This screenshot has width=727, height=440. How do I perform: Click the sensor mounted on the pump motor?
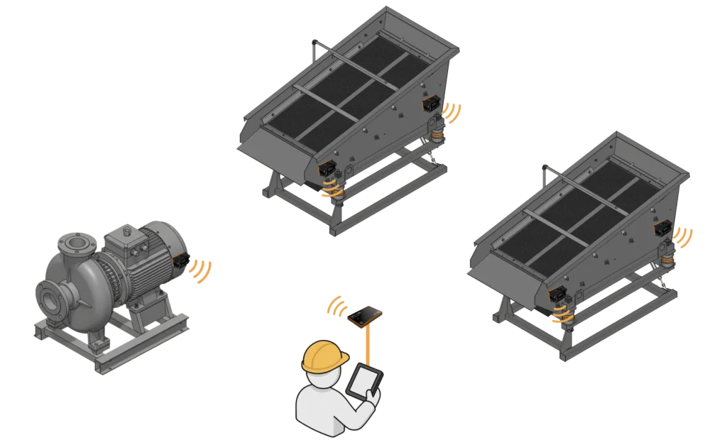tap(181, 260)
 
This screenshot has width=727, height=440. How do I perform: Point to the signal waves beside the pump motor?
tap(203, 272)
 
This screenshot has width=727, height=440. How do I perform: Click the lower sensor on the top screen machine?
tap(327, 169)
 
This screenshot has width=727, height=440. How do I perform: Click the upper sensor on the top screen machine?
tap(430, 104)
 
